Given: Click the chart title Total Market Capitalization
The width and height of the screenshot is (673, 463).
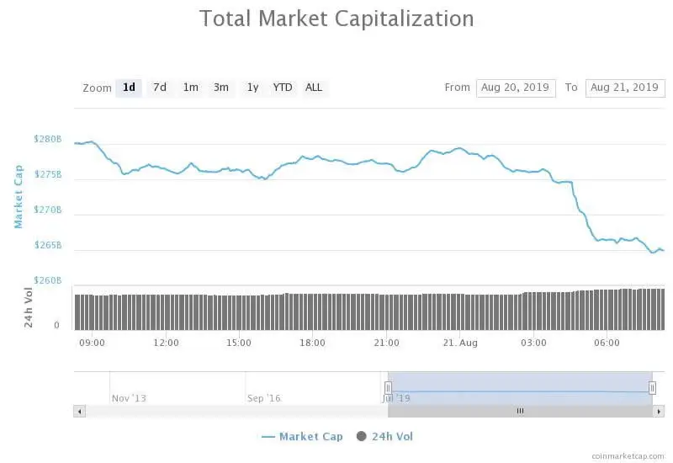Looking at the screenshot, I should click(336, 19).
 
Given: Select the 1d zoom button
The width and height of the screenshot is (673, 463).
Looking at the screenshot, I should click(129, 88).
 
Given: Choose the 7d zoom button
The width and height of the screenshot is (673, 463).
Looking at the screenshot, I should click(159, 88).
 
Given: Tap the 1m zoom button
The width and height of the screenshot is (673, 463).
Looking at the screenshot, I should click(191, 88).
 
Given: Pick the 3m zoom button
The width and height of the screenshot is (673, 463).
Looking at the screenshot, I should click(221, 88).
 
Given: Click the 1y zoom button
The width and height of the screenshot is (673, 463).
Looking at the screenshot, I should click(252, 88).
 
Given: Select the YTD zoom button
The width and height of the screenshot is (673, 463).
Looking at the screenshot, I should click(283, 88).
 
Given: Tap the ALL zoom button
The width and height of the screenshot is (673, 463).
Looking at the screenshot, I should click(314, 88).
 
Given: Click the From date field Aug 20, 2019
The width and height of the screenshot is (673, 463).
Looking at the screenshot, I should click(516, 88).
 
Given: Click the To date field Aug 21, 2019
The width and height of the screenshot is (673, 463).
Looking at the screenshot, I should click(625, 88).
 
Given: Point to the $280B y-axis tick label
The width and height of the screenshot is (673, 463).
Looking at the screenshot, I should click(47, 139).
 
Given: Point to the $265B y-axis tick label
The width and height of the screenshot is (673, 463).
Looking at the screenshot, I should click(47, 246).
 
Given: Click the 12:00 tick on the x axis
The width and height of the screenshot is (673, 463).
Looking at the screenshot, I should click(166, 343).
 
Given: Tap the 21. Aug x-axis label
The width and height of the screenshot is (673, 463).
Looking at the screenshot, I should click(460, 343).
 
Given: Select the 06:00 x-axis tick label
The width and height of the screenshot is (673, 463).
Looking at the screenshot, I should click(607, 343).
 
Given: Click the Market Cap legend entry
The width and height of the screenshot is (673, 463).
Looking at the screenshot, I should click(302, 436).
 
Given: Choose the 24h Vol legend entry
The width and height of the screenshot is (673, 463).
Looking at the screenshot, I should click(385, 436).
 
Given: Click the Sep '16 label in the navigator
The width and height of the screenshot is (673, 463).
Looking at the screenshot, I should click(263, 398).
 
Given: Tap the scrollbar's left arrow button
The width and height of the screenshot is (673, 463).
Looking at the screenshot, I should click(80, 412).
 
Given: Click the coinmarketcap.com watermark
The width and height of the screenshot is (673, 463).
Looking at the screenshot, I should click(627, 455).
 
